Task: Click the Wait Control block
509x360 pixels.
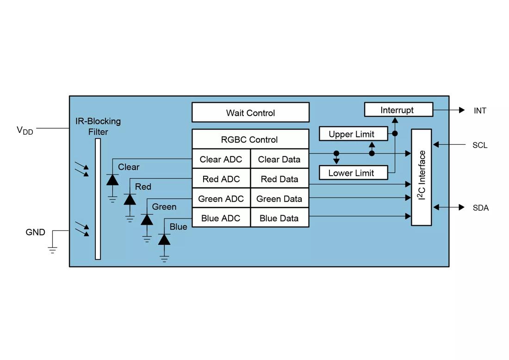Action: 250,112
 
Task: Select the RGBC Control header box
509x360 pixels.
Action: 250,139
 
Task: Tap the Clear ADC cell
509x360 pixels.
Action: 221,159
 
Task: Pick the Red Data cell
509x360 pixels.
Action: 279,179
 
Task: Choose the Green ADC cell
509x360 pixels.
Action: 221,199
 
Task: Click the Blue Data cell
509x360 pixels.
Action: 279,218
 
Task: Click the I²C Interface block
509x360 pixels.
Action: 422,177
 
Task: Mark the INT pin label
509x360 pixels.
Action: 480,111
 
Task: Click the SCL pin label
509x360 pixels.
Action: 480,145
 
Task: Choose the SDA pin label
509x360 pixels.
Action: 480,208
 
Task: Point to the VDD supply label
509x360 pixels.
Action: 25,130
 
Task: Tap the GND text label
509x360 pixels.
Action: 35,232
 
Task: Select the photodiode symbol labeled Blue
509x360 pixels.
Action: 164,239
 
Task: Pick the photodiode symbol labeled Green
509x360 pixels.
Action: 147,219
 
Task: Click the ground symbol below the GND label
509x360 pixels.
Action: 53,250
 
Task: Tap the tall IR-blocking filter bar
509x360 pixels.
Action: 98,199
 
